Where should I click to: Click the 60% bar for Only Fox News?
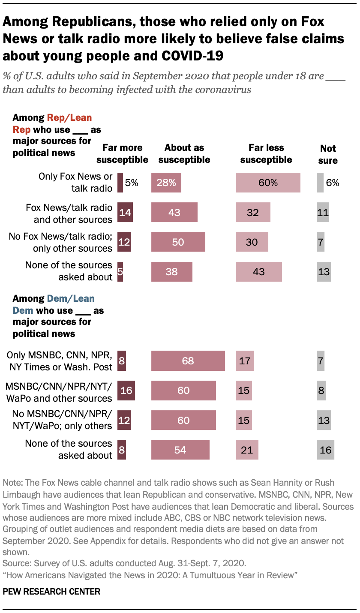click(x=268, y=183)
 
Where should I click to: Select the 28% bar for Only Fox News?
click(x=166, y=183)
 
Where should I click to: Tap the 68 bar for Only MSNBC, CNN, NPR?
click(x=188, y=361)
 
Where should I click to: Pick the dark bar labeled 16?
click(x=126, y=390)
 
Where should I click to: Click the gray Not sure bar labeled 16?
click(x=325, y=450)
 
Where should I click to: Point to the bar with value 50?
click(x=178, y=242)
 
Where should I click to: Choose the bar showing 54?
click(x=180, y=450)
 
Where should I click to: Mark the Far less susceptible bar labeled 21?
click(x=247, y=450)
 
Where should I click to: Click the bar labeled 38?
click(x=171, y=271)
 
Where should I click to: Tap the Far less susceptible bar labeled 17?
click(x=245, y=361)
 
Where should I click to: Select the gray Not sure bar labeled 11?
click(x=323, y=212)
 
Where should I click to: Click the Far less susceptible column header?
click(x=266, y=153)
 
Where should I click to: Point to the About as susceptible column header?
click(x=184, y=153)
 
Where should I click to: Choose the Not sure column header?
click(x=328, y=154)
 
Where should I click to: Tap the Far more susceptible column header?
click(x=122, y=153)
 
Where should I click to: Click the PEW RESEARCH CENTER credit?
click(x=51, y=592)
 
